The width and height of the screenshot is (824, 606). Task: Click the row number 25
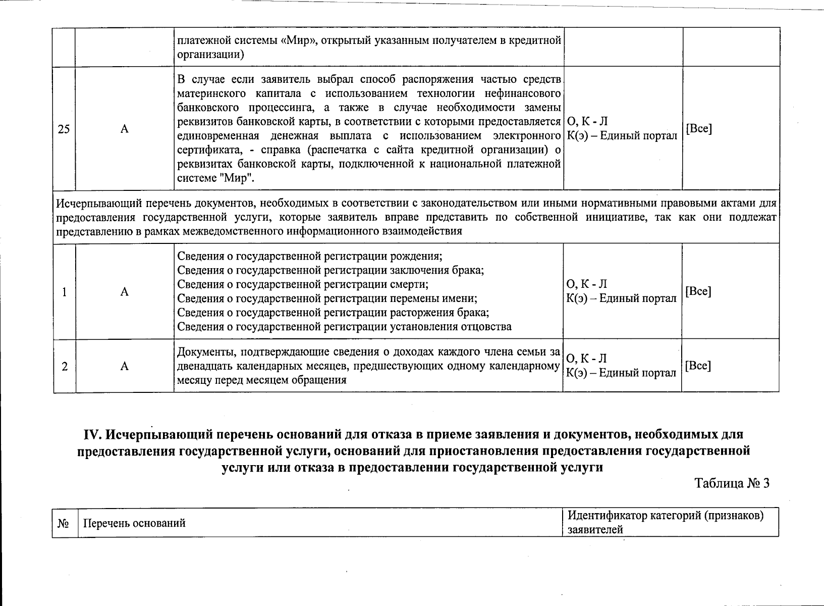64,129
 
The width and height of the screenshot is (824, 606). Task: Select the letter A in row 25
124,129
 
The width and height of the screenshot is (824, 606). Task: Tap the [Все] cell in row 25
698,128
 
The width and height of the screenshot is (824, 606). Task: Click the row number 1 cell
65,292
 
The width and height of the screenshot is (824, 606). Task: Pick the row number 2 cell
65,367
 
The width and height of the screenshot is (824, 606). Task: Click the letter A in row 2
124,367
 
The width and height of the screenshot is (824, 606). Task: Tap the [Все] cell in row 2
698,366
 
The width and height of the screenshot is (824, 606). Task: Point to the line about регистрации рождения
310,256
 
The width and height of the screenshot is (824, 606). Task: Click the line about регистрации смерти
303,284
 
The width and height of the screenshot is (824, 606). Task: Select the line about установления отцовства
344,326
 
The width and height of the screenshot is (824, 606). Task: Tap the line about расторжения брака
333,312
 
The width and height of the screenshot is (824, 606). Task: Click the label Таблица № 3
732,483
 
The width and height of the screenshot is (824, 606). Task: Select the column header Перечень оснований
134,523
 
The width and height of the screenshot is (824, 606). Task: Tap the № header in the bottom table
64,523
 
